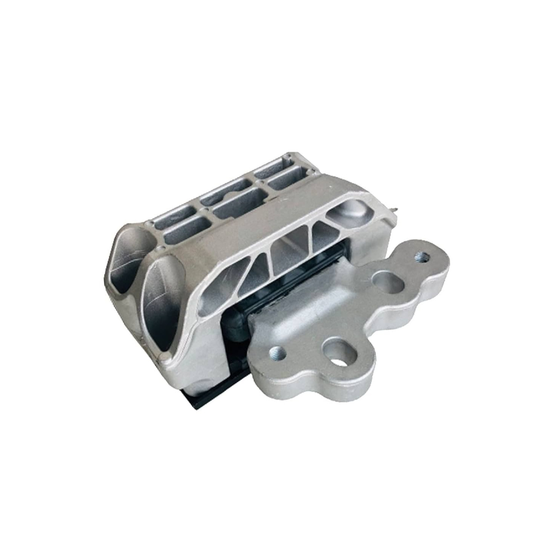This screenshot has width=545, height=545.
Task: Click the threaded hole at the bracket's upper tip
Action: [422, 255]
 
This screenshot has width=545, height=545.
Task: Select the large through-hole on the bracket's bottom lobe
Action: [338, 358]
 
